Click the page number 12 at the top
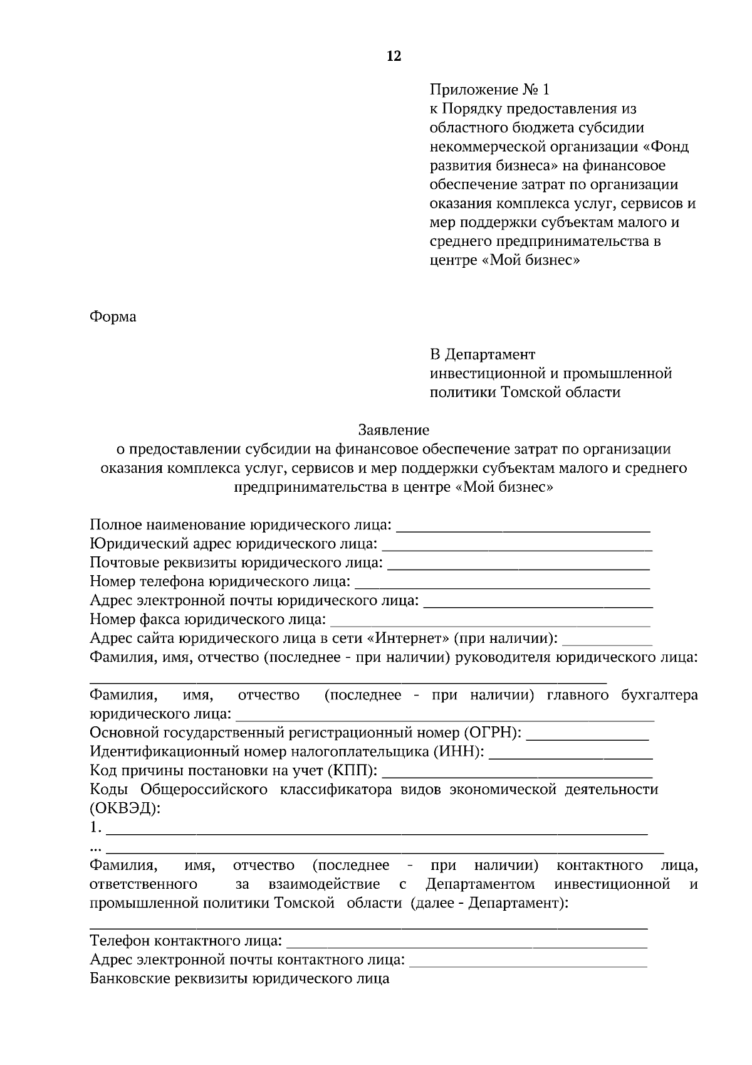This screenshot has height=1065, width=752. (394, 56)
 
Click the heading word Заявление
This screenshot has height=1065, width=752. (394, 430)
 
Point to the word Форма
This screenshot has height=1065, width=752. (113, 317)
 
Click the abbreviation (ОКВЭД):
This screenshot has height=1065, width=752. (125, 808)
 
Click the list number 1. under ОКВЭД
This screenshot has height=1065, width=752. (96, 827)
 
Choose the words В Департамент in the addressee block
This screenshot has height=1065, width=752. (483, 354)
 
